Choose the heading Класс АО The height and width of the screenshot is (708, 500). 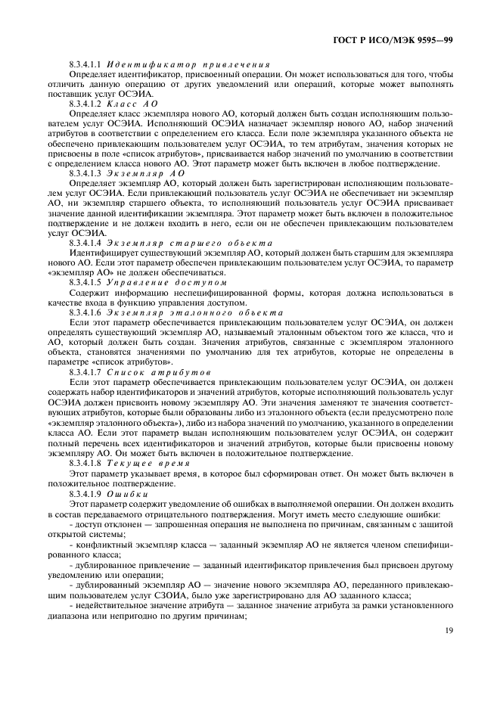pyautogui.click(x=132, y=102)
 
